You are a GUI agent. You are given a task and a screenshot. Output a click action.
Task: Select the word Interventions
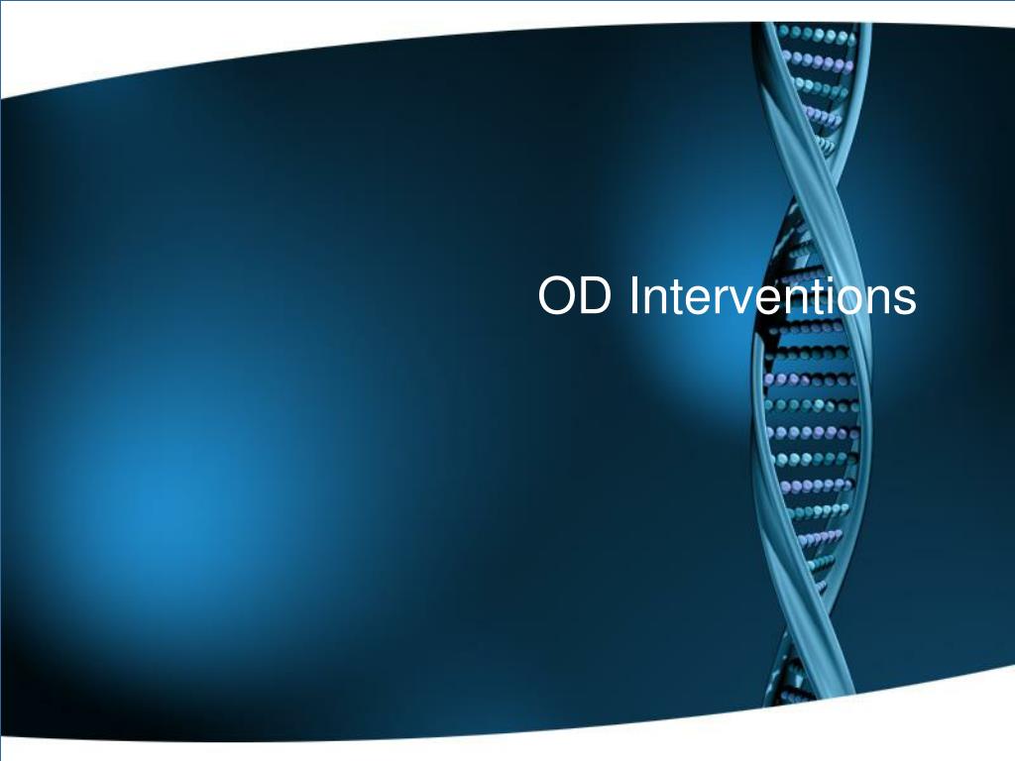772,297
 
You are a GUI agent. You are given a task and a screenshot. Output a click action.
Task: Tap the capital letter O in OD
558,297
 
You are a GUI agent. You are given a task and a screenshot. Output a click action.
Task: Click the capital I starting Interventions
633,297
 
